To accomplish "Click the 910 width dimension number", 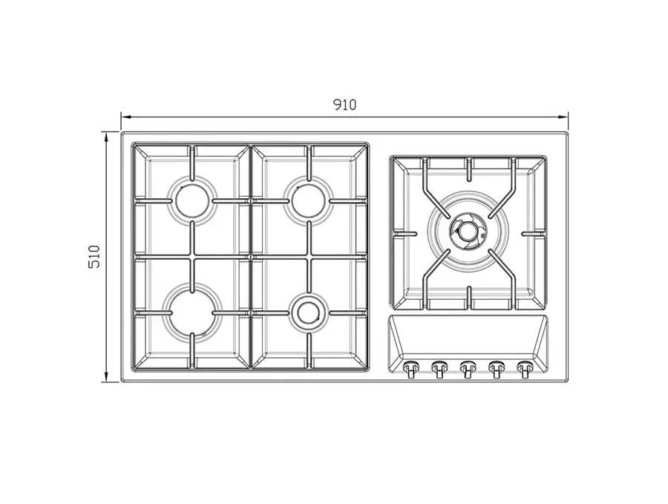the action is [344, 105].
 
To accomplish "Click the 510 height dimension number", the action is [94, 257].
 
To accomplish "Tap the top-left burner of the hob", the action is [192, 200].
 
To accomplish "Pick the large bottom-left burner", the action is [192, 312].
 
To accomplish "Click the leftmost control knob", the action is [410, 368].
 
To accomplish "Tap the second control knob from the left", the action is [439, 368].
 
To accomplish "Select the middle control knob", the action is [468, 368].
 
